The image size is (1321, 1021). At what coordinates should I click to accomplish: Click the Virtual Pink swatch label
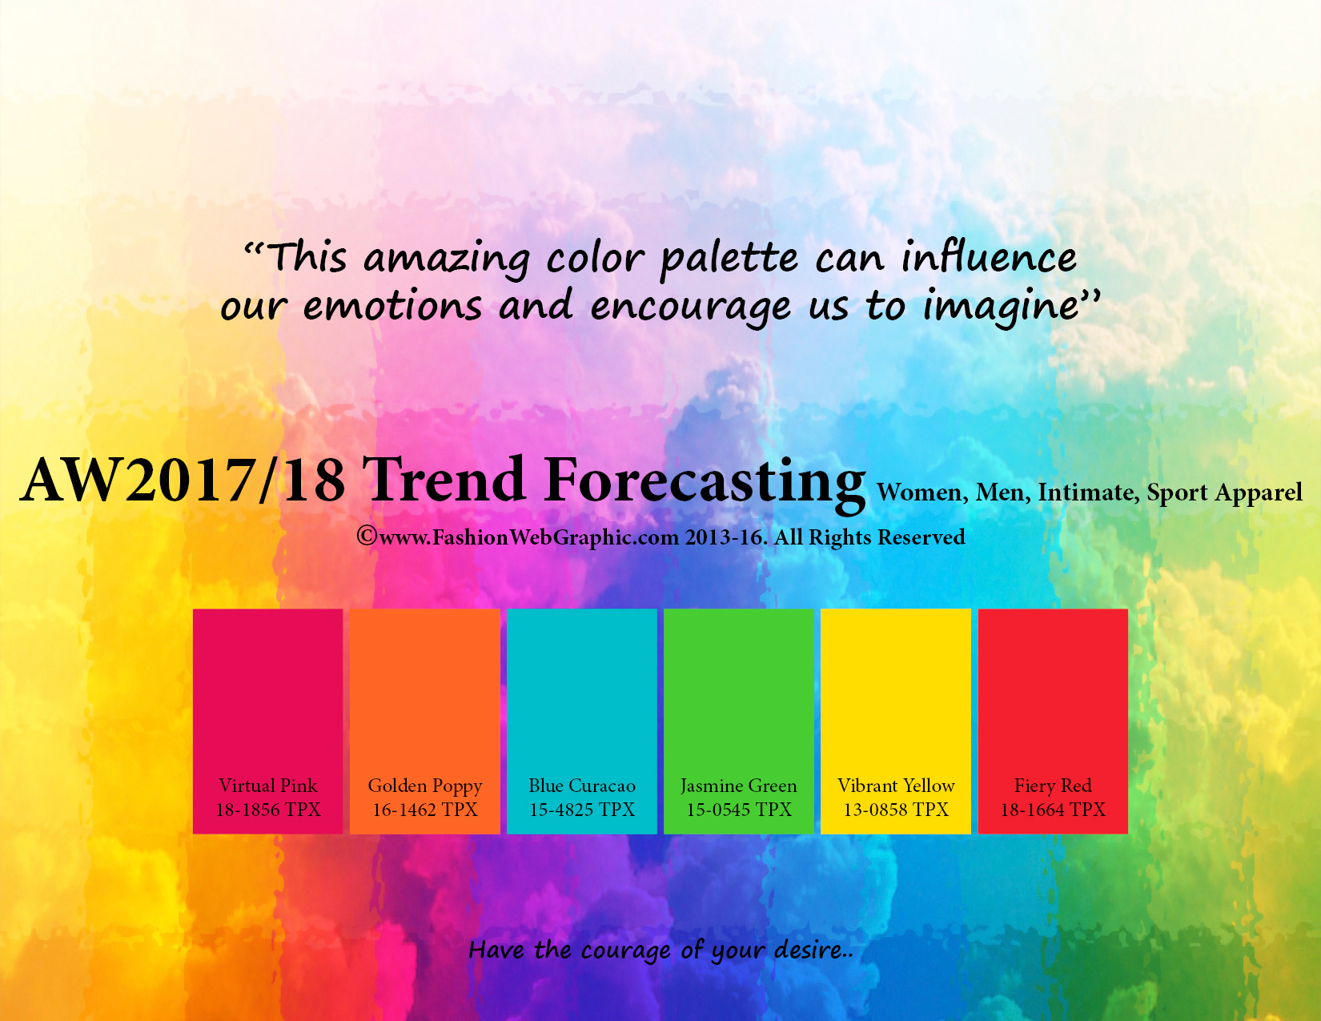click(267, 785)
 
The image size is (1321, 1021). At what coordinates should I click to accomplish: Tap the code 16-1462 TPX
click(425, 810)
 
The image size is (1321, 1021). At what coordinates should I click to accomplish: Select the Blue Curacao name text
click(582, 785)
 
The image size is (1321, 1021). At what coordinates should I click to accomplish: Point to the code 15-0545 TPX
click(739, 810)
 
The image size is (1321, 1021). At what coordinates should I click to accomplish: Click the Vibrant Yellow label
click(895, 785)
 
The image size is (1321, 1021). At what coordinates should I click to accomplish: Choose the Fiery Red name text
click(1052, 786)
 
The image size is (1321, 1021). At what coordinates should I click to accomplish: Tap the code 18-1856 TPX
click(268, 810)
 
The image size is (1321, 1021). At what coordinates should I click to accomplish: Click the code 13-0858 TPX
click(895, 810)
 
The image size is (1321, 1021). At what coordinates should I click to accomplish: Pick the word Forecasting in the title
click(704, 483)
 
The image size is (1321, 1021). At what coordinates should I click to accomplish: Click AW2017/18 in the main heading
click(183, 480)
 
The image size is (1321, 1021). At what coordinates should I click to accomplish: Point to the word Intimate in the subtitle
click(1088, 493)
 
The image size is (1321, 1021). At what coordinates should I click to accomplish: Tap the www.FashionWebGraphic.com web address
click(529, 537)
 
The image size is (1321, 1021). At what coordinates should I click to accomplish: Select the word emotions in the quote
click(393, 305)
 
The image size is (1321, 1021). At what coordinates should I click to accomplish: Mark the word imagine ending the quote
click(1002, 308)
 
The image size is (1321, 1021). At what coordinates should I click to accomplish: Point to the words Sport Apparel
click(1224, 493)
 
